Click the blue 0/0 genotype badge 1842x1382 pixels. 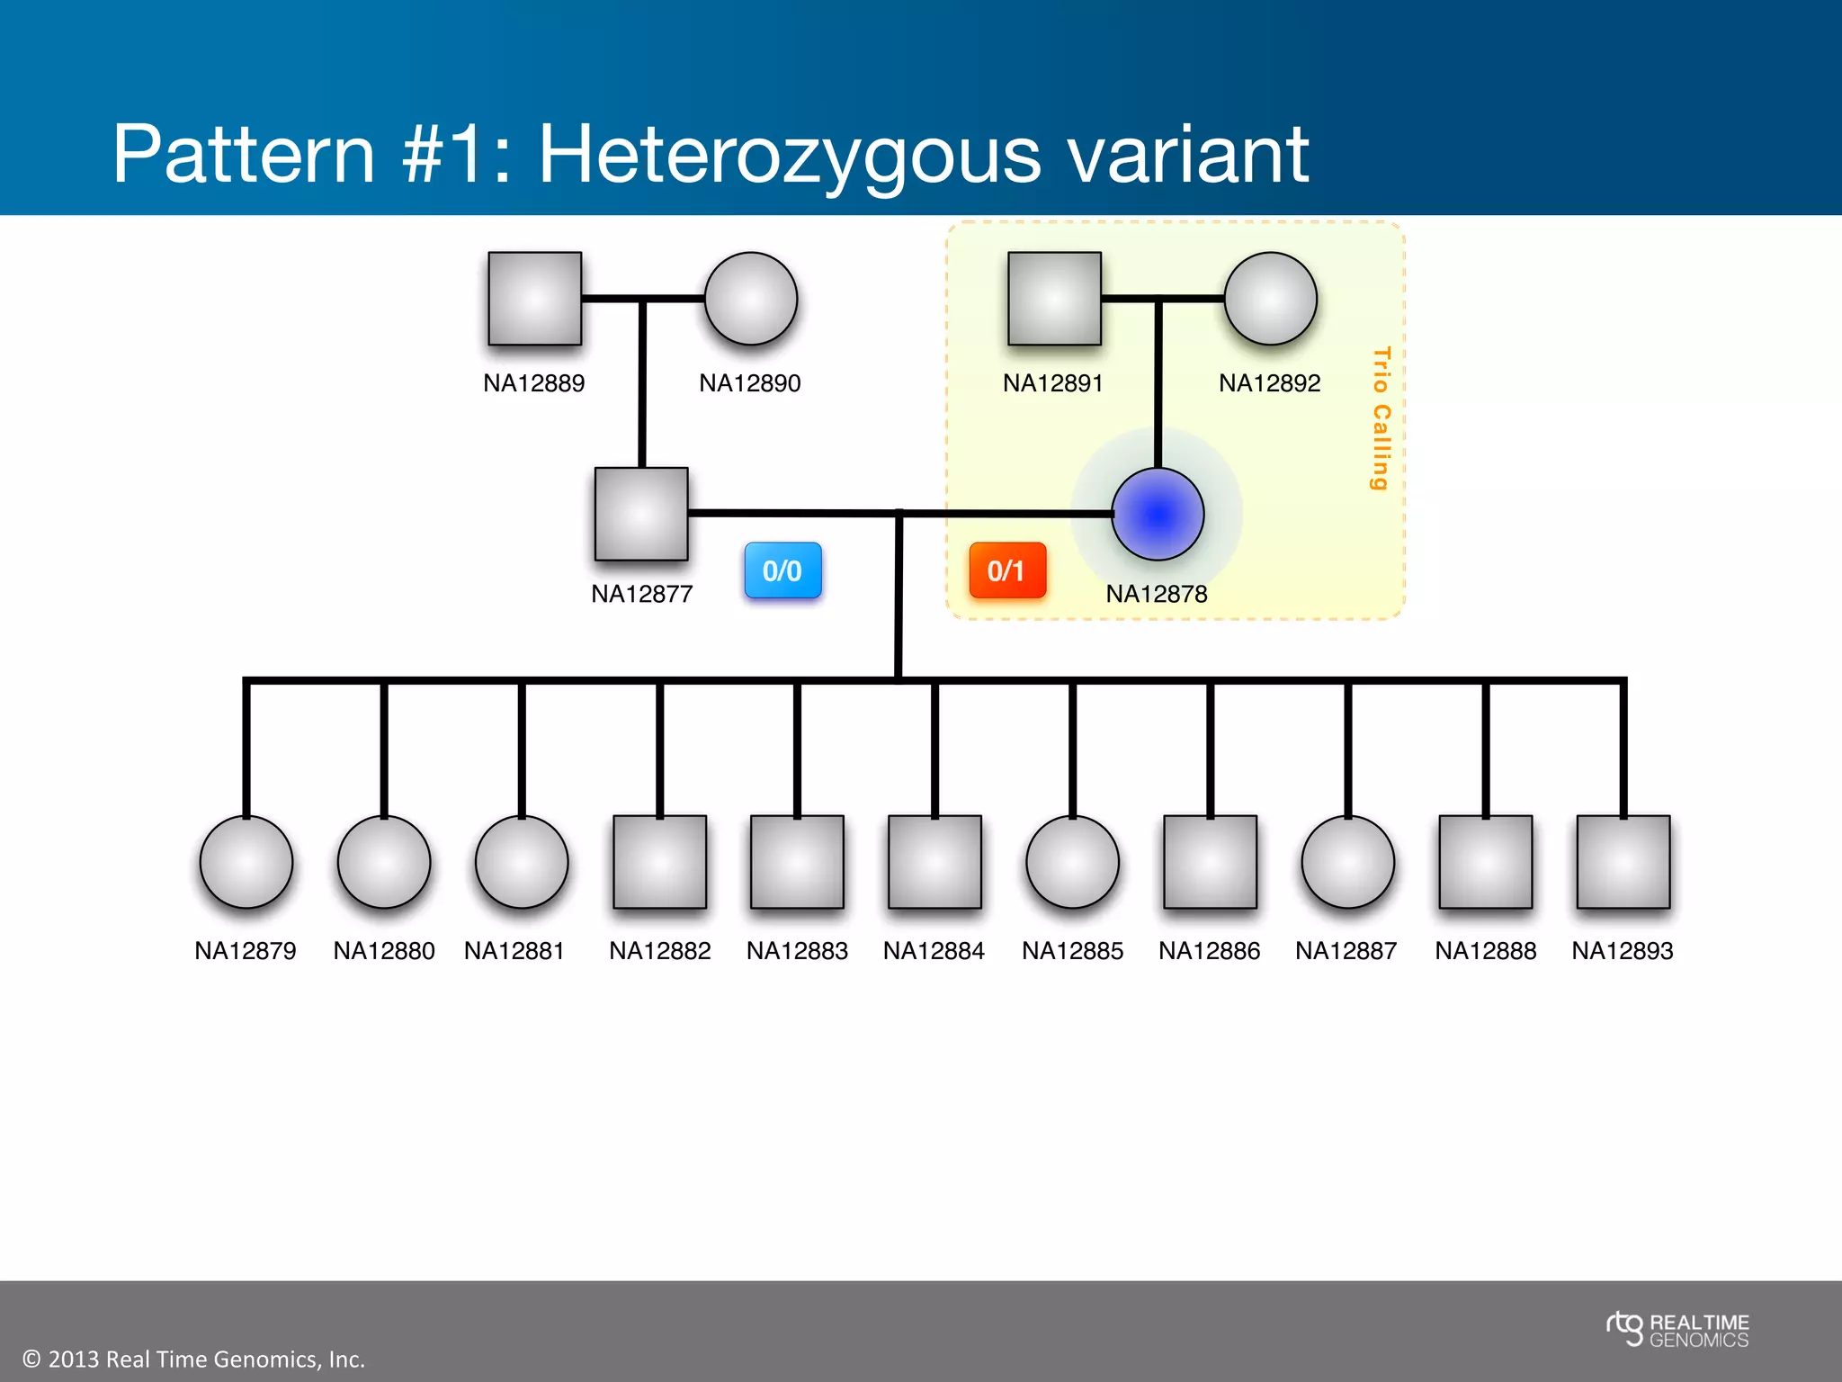click(782, 570)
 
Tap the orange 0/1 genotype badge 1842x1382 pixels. click(1007, 570)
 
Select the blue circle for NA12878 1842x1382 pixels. click(1158, 515)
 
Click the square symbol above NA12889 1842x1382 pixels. click(534, 299)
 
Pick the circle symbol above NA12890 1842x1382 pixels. click(751, 299)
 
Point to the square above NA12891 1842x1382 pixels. click(1054, 299)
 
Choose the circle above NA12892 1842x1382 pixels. click(1270, 299)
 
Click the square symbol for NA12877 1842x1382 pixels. click(641, 514)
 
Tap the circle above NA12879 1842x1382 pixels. click(246, 862)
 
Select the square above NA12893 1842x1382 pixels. click(1623, 862)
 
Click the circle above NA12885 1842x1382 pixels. click(1072, 862)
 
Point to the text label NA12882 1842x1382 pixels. click(659, 951)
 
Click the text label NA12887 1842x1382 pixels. click(1346, 951)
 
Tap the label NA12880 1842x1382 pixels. click(383, 951)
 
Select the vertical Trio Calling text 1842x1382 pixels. click(1381, 418)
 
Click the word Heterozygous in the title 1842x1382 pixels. click(791, 155)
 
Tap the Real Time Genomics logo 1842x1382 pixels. click(1677, 1331)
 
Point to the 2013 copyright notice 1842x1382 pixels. click(193, 1359)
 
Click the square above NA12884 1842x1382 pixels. click(934, 862)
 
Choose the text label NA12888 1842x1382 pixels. click(1485, 951)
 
